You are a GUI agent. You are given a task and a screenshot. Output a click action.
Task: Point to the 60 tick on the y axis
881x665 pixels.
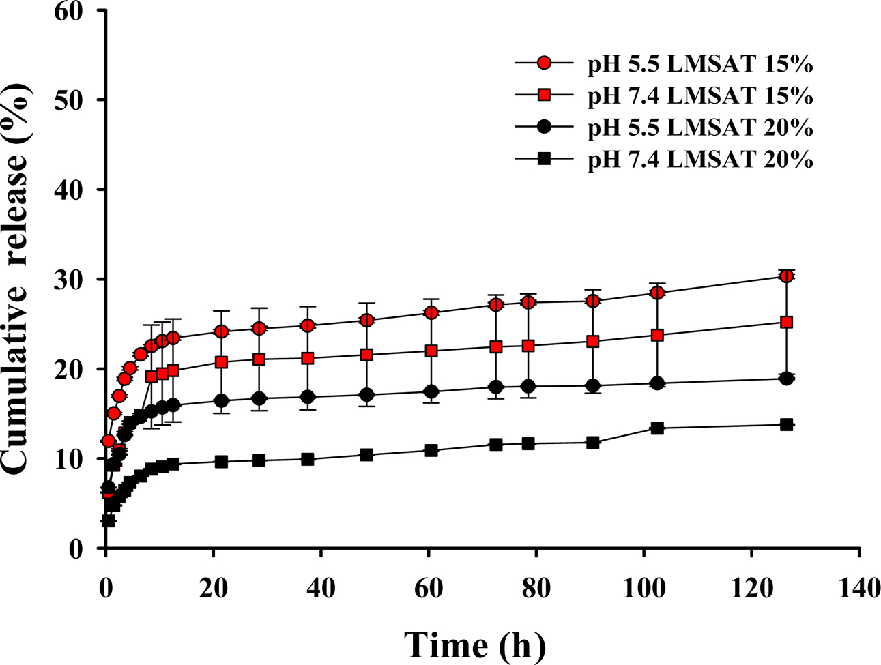72,12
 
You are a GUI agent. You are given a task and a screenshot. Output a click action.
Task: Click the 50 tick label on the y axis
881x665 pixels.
72,100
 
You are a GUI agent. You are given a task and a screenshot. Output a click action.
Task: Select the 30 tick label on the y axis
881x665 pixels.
72,280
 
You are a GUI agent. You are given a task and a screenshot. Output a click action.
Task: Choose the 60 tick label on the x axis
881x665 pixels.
429,587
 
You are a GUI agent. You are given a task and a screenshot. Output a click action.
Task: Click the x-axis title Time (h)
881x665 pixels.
475,644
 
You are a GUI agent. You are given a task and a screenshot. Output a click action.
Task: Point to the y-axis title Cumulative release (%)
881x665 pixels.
17,278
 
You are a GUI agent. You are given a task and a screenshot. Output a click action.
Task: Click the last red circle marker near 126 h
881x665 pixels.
786,276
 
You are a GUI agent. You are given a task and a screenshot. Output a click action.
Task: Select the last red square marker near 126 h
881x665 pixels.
786,322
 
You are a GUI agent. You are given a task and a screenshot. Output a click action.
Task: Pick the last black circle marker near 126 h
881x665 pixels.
786,379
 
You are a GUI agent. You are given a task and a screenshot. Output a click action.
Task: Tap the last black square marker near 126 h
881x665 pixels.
786,424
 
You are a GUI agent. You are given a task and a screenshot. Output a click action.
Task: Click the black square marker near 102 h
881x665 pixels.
657,428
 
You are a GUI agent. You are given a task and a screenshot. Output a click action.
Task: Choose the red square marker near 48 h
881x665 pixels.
366,355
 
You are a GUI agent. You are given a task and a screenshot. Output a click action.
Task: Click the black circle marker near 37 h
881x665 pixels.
308,397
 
